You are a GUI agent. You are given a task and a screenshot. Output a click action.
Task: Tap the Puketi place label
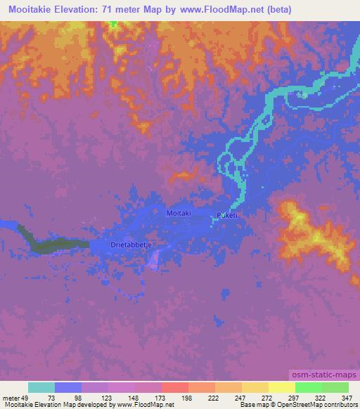coord(229,216)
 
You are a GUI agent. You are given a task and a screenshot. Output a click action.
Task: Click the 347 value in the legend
coord(347,397)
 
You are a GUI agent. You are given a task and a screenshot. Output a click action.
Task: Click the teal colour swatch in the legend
coord(41,387)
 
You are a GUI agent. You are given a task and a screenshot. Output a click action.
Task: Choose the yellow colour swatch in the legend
coord(281,387)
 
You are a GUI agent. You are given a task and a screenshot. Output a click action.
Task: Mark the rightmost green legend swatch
coord(335,387)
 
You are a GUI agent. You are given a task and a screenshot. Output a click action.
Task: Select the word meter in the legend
coord(11,397)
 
